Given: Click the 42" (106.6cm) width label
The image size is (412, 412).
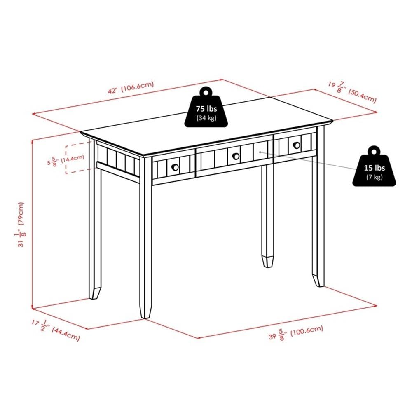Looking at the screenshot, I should pos(131,87).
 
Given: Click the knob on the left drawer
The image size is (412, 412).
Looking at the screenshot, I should pos(175,166).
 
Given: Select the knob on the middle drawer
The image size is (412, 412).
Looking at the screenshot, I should pos(236,155).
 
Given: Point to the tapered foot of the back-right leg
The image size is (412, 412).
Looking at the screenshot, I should pos(318,281).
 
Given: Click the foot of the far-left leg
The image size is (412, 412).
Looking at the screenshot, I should pos(94,294).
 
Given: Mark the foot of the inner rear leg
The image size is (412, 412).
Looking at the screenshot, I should pos(268,262).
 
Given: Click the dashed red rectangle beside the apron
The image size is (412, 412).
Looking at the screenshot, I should pos(78,158).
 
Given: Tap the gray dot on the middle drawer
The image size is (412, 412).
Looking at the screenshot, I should pos(260,152).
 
